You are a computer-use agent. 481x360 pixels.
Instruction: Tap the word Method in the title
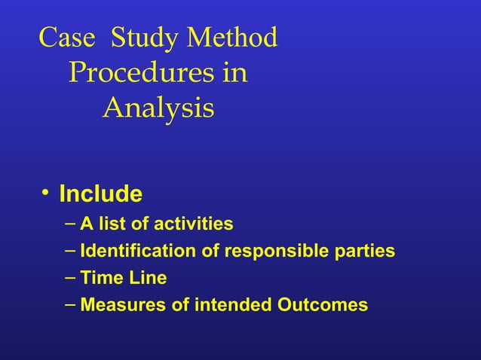pyautogui.click(x=232, y=38)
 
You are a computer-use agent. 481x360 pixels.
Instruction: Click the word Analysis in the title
pyautogui.click(x=158, y=109)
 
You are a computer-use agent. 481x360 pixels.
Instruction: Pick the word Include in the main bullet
pyautogui.click(x=100, y=194)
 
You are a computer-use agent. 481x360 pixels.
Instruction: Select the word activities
pyautogui.click(x=193, y=224)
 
